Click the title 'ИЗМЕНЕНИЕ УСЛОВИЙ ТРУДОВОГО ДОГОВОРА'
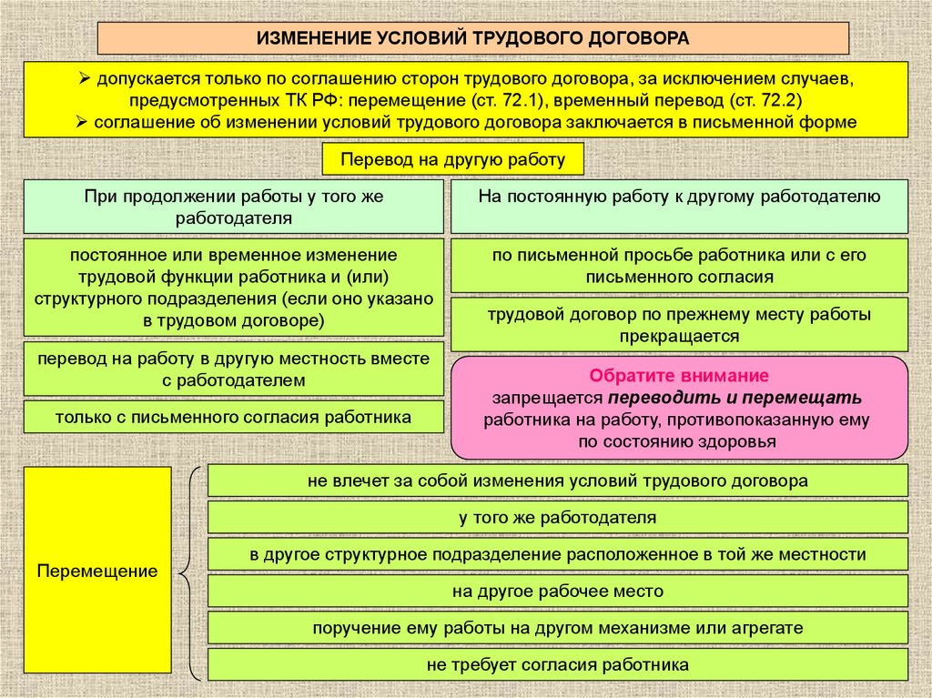tap(472, 38)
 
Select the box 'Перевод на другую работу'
tap(453, 159)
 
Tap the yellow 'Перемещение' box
tap(97, 572)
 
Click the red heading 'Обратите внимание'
tap(679, 375)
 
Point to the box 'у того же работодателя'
tap(557, 517)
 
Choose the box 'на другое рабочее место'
tap(557, 592)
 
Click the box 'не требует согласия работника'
tap(557, 664)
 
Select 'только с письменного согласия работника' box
tap(233, 417)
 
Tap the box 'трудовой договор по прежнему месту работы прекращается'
tap(679, 325)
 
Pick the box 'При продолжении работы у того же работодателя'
tap(233, 207)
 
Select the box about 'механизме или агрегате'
tap(557, 628)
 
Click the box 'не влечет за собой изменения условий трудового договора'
tap(557, 480)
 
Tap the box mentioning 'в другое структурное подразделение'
tap(557, 554)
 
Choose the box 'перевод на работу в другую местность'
tap(233, 369)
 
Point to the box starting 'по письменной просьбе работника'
tap(679, 266)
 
